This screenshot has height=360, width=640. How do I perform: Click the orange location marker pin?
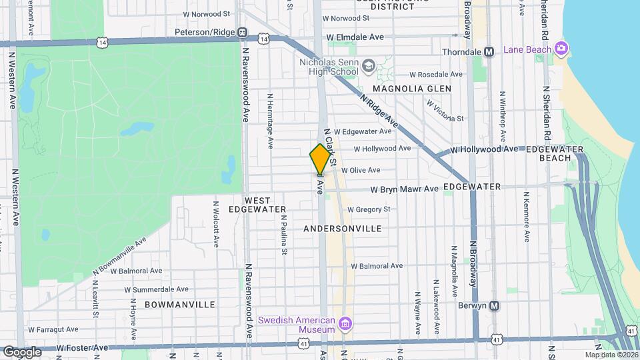[320, 159]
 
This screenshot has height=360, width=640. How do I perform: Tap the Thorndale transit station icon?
[489, 51]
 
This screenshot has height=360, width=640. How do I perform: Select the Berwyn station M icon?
[494, 306]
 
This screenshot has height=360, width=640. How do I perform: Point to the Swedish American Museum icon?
[345, 325]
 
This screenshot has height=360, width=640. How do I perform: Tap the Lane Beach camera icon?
[561, 49]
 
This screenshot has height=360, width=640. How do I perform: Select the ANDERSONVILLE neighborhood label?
[342, 229]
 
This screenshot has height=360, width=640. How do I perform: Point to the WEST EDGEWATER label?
[257, 205]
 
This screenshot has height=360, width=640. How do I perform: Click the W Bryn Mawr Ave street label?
[404, 189]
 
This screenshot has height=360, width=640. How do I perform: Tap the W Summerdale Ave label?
[156, 290]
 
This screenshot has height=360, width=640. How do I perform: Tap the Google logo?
[22, 351]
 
